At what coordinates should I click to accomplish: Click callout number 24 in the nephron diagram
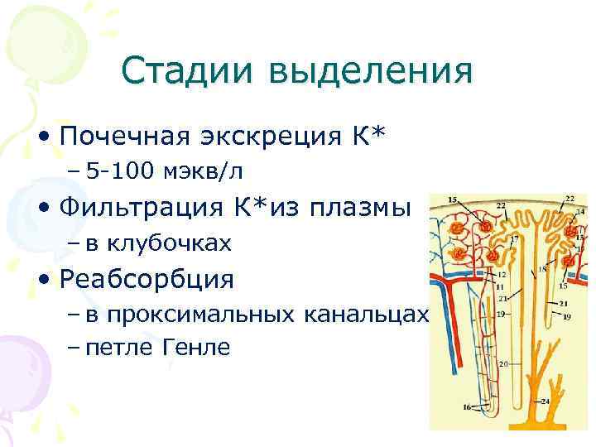[545, 401]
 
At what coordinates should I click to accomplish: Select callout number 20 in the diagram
[503, 363]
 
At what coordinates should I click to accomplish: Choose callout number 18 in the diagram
[542, 269]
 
